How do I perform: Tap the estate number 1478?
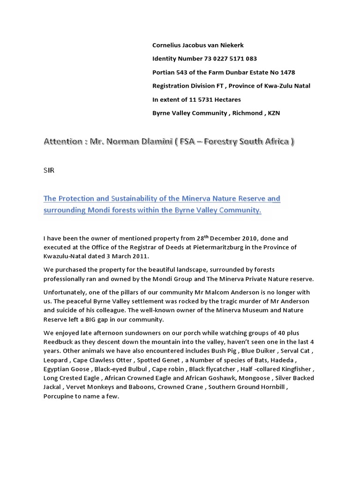[287, 72]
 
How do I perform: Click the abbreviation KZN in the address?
[274, 113]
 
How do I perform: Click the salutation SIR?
[49, 170]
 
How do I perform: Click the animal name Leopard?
[56, 360]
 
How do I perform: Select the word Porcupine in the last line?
[60, 396]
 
